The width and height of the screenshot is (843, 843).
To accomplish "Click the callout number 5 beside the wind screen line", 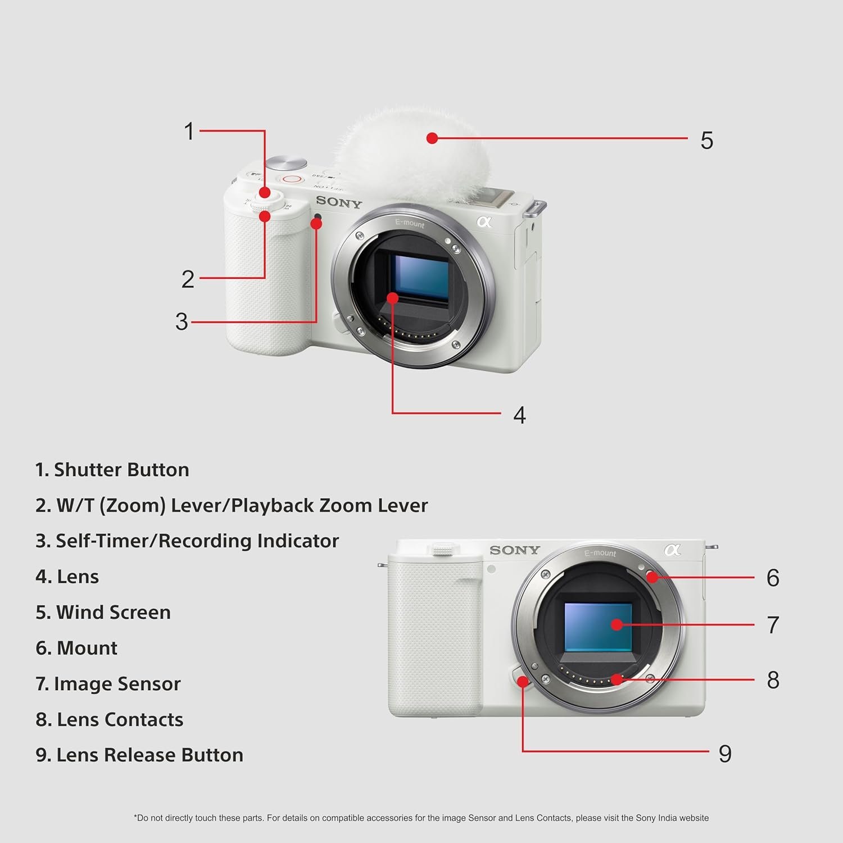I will tap(706, 140).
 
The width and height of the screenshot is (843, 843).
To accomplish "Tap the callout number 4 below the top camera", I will tap(519, 415).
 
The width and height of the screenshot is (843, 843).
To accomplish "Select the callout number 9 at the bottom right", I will tap(725, 754).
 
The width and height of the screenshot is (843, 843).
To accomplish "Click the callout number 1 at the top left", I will tap(189, 132).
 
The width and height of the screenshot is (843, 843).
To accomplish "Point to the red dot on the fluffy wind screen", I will tap(432, 138).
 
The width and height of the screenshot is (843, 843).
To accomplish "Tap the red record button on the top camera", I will tap(292, 179).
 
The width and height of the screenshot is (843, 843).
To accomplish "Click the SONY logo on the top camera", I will tap(338, 202).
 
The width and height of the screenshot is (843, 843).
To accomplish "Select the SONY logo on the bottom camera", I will tap(514, 550).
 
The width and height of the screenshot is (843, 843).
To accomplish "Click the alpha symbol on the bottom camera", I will tap(672, 550).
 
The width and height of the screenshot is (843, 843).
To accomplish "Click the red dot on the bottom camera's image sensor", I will tap(617, 624).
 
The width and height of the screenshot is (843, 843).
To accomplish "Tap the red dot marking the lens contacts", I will tap(617, 679).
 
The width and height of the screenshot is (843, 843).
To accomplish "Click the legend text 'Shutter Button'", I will tap(121, 470).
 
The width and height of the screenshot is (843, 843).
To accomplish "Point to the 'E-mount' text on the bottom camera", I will tap(600, 553).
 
